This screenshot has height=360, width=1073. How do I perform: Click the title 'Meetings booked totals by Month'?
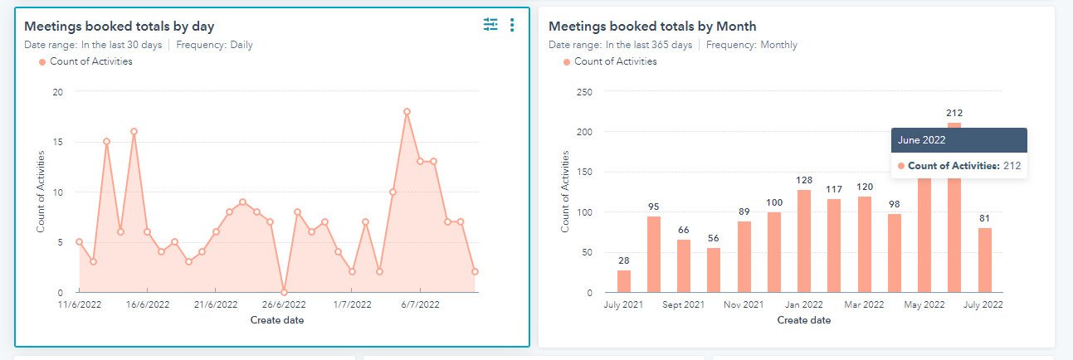(652, 27)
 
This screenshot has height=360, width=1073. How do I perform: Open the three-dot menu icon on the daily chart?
(512, 26)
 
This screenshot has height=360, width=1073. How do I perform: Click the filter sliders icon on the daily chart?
(490, 26)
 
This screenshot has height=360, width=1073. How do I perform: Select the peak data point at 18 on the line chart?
(407, 111)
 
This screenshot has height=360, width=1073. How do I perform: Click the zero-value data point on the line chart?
(284, 292)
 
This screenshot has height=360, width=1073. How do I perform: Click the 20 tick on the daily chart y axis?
(57, 92)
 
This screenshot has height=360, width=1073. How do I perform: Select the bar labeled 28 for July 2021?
(623, 281)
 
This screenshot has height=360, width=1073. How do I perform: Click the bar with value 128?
(804, 241)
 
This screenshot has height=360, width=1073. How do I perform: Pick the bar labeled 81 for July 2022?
(984, 260)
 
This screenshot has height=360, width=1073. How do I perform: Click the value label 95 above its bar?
(654, 207)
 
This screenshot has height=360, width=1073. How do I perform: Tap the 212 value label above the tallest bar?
(954, 113)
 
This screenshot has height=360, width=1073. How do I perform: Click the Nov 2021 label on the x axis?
(744, 305)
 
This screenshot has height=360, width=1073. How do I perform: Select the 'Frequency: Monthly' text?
(751, 45)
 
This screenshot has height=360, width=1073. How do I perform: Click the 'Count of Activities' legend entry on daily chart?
(90, 61)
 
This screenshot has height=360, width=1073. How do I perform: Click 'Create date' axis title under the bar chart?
(804, 320)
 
